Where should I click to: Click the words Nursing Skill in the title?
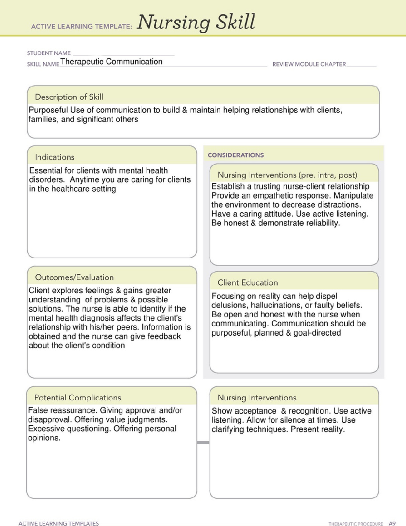click(x=196, y=22)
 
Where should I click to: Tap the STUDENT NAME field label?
click(x=49, y=53)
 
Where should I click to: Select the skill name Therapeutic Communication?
click(x=111, y=62)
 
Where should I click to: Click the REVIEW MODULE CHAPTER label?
click(x=309, y=64)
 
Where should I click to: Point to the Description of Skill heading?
click(x=69, y=97)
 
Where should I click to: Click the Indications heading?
click(x=54, y=157)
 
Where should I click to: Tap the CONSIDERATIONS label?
click(x=235, y=155)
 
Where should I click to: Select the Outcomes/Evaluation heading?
click(x=74, y=277)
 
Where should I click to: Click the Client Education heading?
click(x=248, y=282)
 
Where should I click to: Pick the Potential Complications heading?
click(x=77, y=397)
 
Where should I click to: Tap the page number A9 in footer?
click(x=392, y=523)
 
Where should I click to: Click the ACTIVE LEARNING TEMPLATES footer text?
click(x=59, y=524)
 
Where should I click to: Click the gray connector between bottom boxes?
click(x=203, y=442)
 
